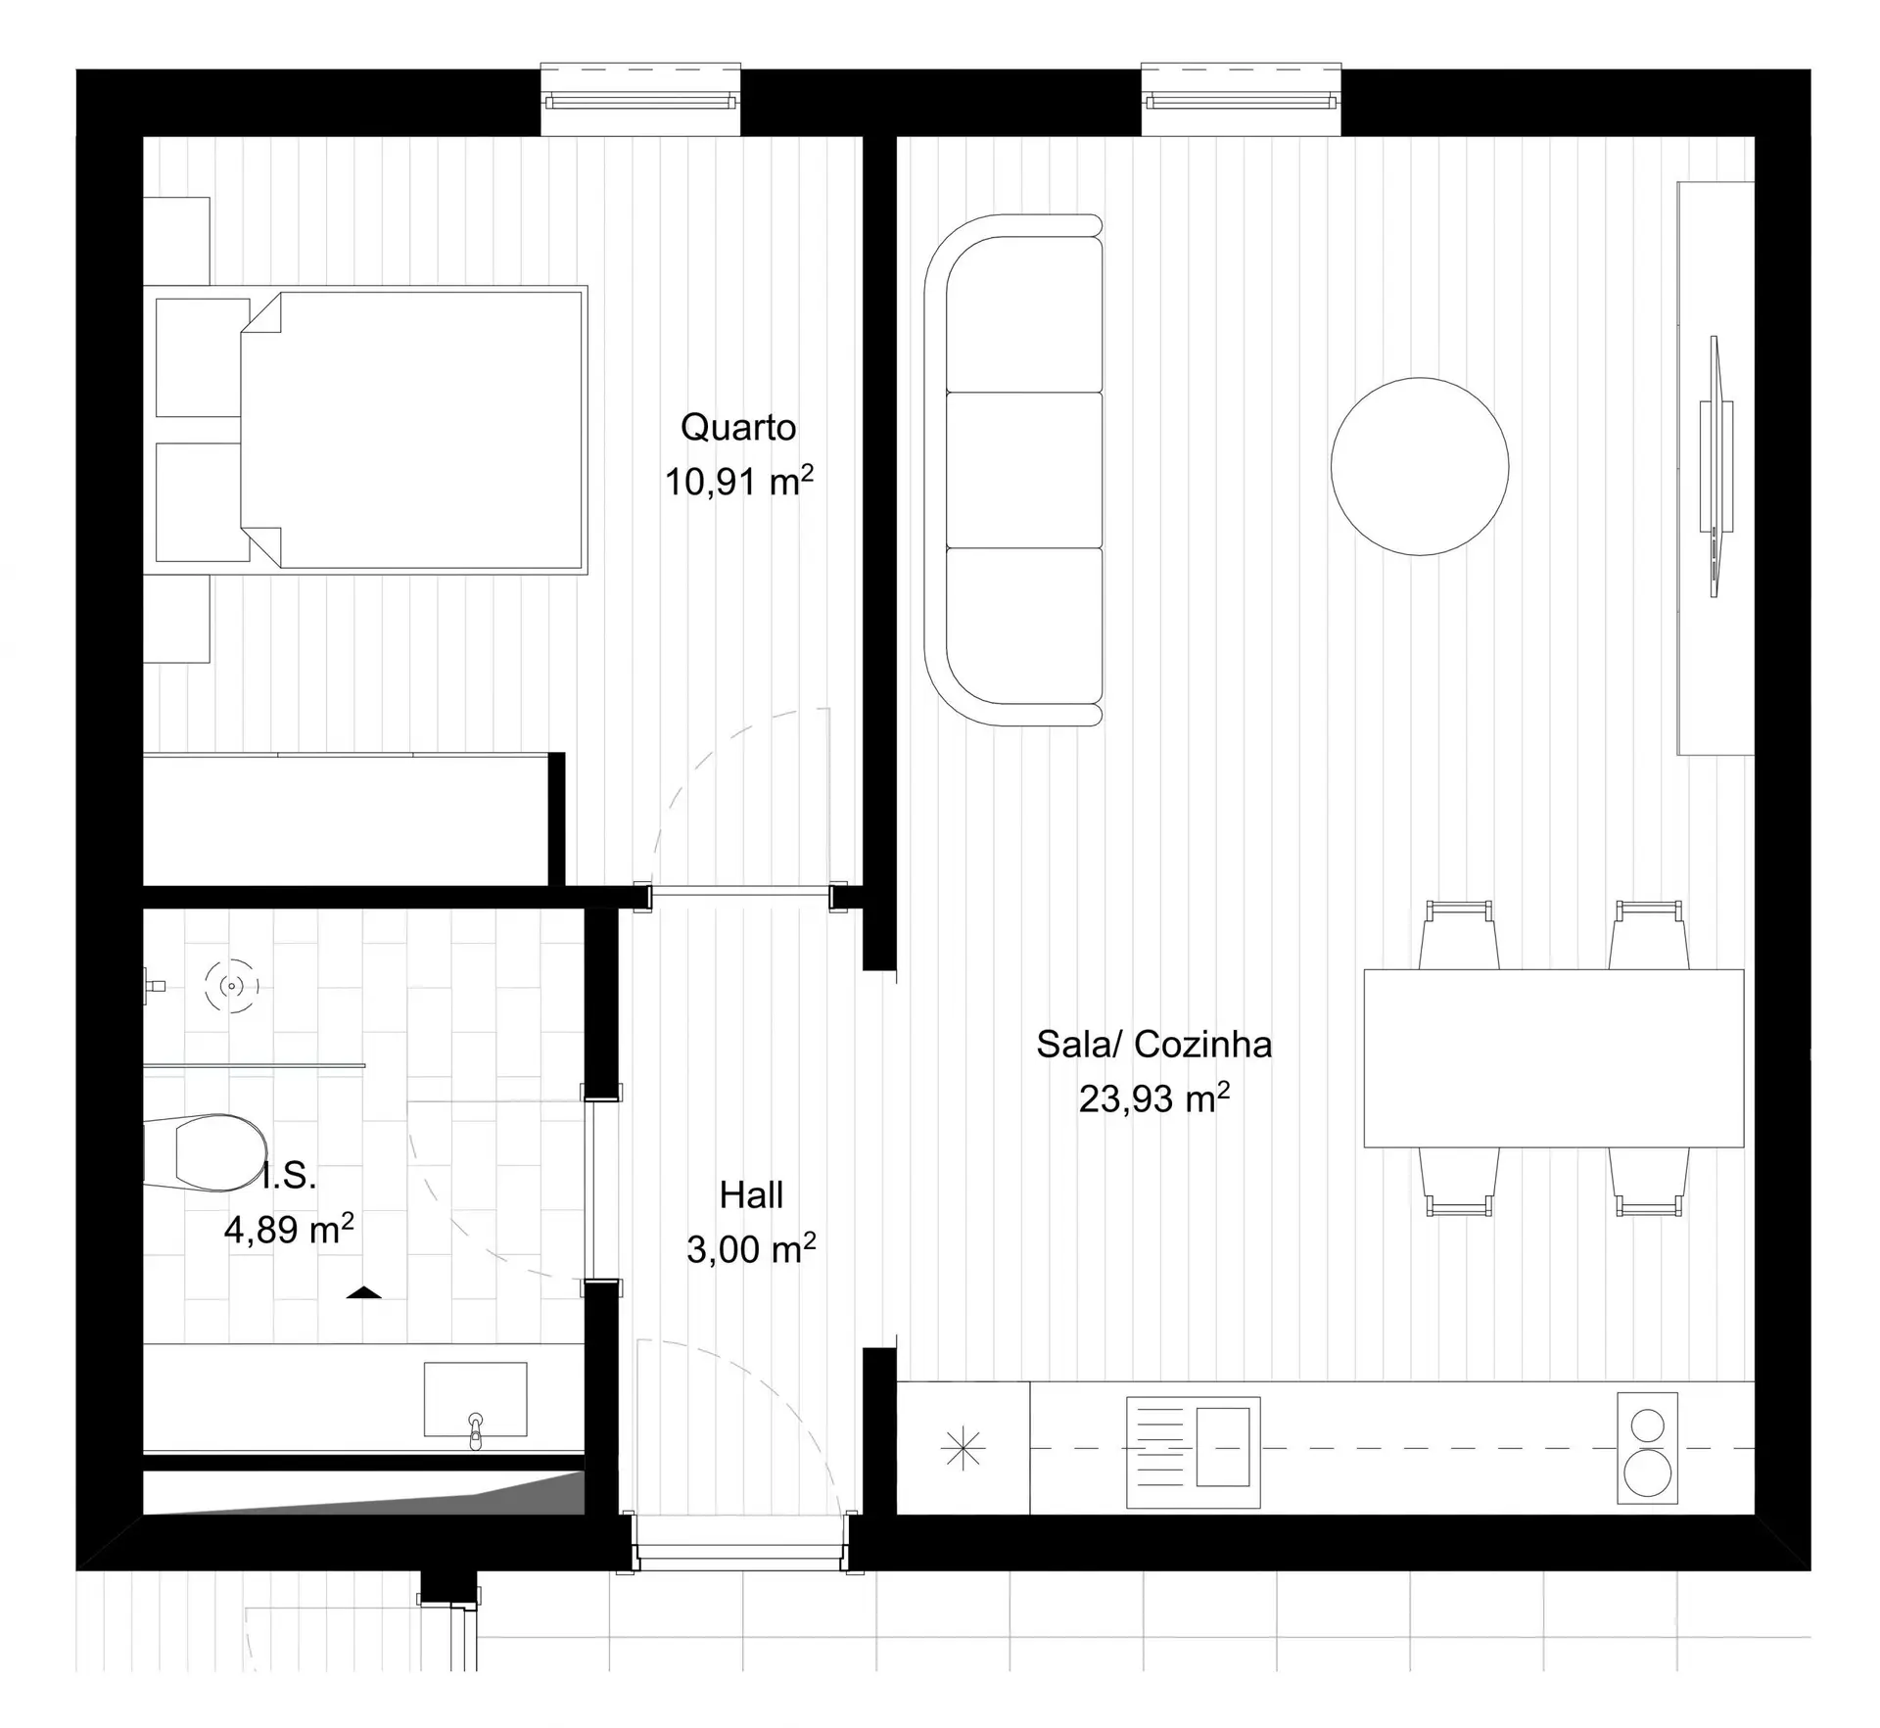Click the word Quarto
click(x=738, y=428)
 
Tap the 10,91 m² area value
click(x=739, y=482)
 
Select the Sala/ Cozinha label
click(x=1154, y=1045)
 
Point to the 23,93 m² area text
click(x=1154, y=1098)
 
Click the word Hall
click(x=751, y=1195)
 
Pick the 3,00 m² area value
click(x=751, y=1249)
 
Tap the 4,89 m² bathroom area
click(x=289, y=1229)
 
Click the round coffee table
click(x=1420, y=466)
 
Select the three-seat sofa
click(x=1013, y=470)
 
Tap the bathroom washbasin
click(x=475, y=1399)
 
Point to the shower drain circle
click(x=231, y=985)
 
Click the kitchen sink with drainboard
click(x=1193, y=1452)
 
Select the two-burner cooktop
click(x=1647, y=1448)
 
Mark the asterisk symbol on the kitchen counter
click(x=963, y=1449)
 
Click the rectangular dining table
click(x=1554, y=1058)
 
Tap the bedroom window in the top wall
click(x=640, y=100)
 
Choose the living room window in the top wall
click(x=1241, y=100)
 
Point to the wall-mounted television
click(x=1715, y=466)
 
